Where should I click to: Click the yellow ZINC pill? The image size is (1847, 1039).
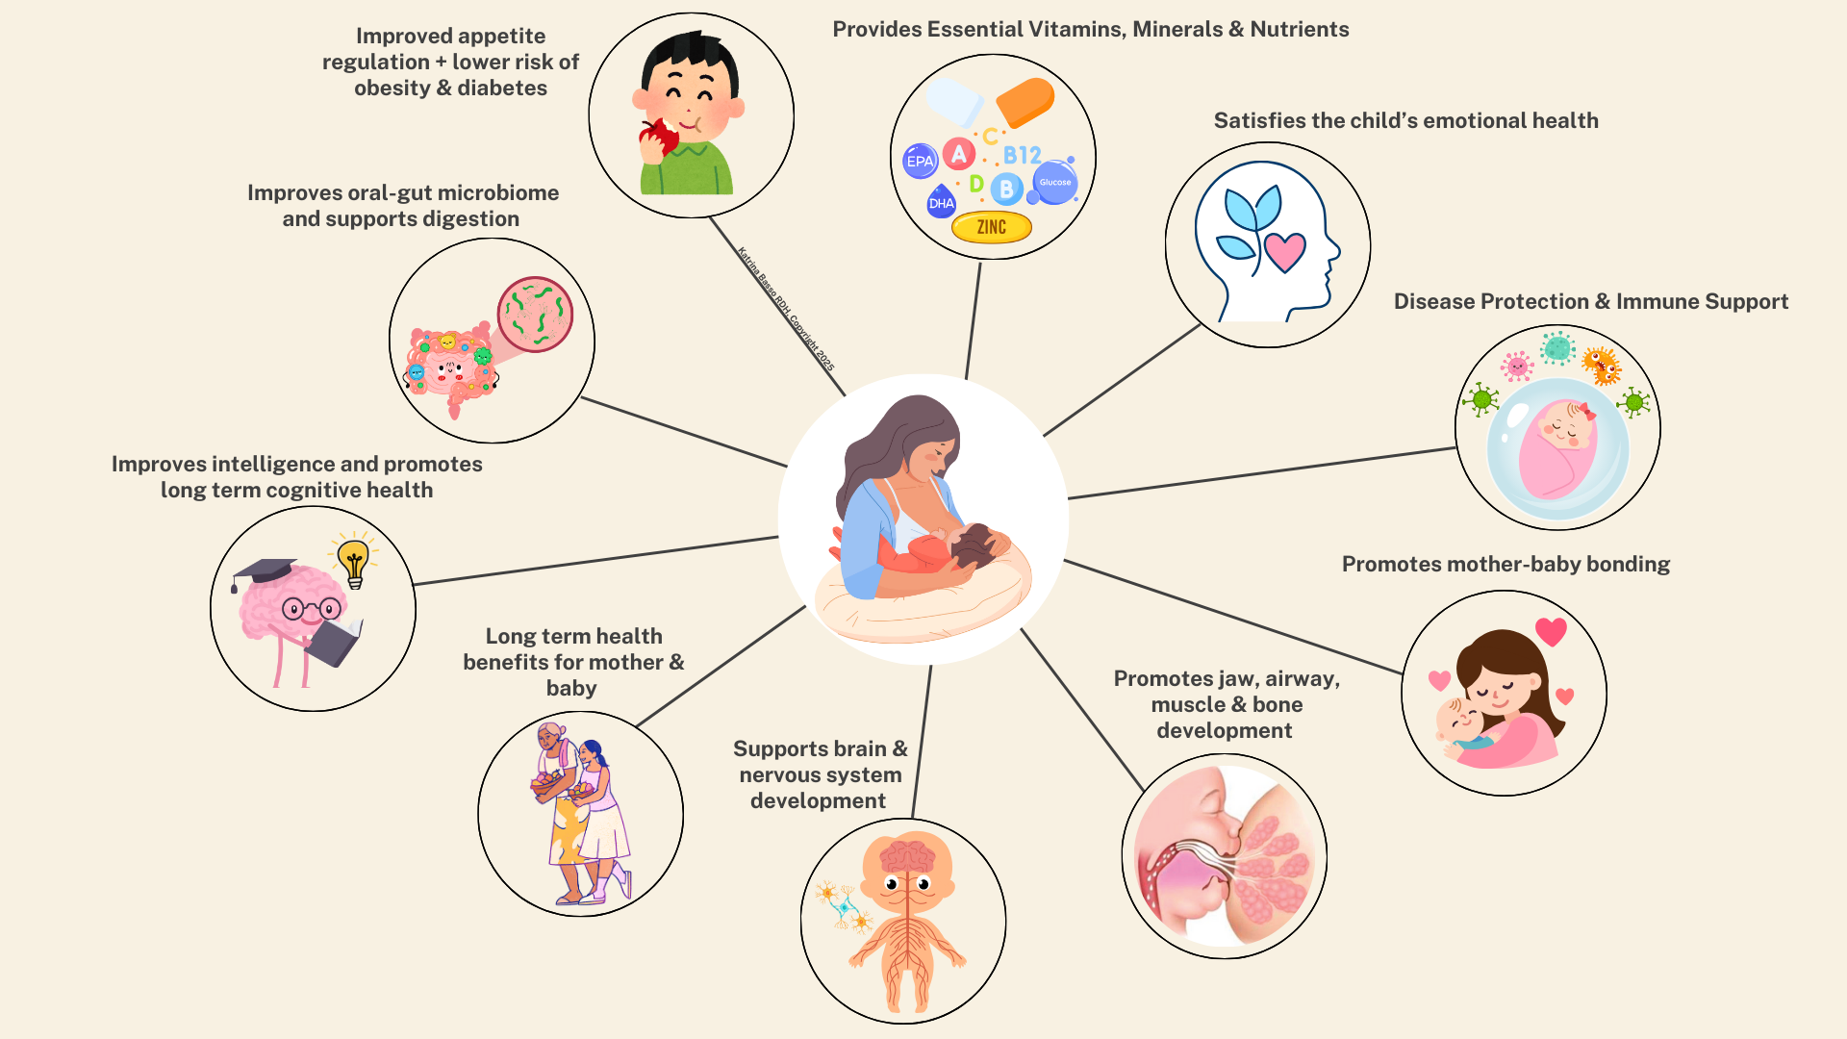point(991,227)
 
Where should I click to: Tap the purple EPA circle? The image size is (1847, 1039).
point(920,161)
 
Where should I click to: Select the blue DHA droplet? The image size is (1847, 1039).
point(941,202)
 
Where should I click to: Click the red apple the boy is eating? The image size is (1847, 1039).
point(659,138)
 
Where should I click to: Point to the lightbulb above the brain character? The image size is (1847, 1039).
point(354,561)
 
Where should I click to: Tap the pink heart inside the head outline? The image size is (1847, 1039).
point(1284,251)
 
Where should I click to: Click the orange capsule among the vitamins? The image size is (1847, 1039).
point(1025,101)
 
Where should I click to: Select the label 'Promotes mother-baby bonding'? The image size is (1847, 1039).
point(1505,564)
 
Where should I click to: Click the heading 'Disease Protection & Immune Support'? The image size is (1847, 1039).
point(1590,301)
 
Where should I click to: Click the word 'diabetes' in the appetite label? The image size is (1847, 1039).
point(502,88)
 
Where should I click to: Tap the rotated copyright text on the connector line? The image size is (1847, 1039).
point(786,308)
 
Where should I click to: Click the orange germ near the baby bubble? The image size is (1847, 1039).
point(1602,366)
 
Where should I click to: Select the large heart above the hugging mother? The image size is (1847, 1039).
point(1551,631)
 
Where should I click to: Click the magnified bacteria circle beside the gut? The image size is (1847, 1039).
point(535,315)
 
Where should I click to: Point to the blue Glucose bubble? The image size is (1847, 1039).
point(1055,182)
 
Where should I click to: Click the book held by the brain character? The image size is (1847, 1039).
point(334,643)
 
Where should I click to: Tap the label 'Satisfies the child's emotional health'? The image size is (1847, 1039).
point(1405,120)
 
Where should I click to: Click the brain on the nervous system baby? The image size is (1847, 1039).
point(906,856)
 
